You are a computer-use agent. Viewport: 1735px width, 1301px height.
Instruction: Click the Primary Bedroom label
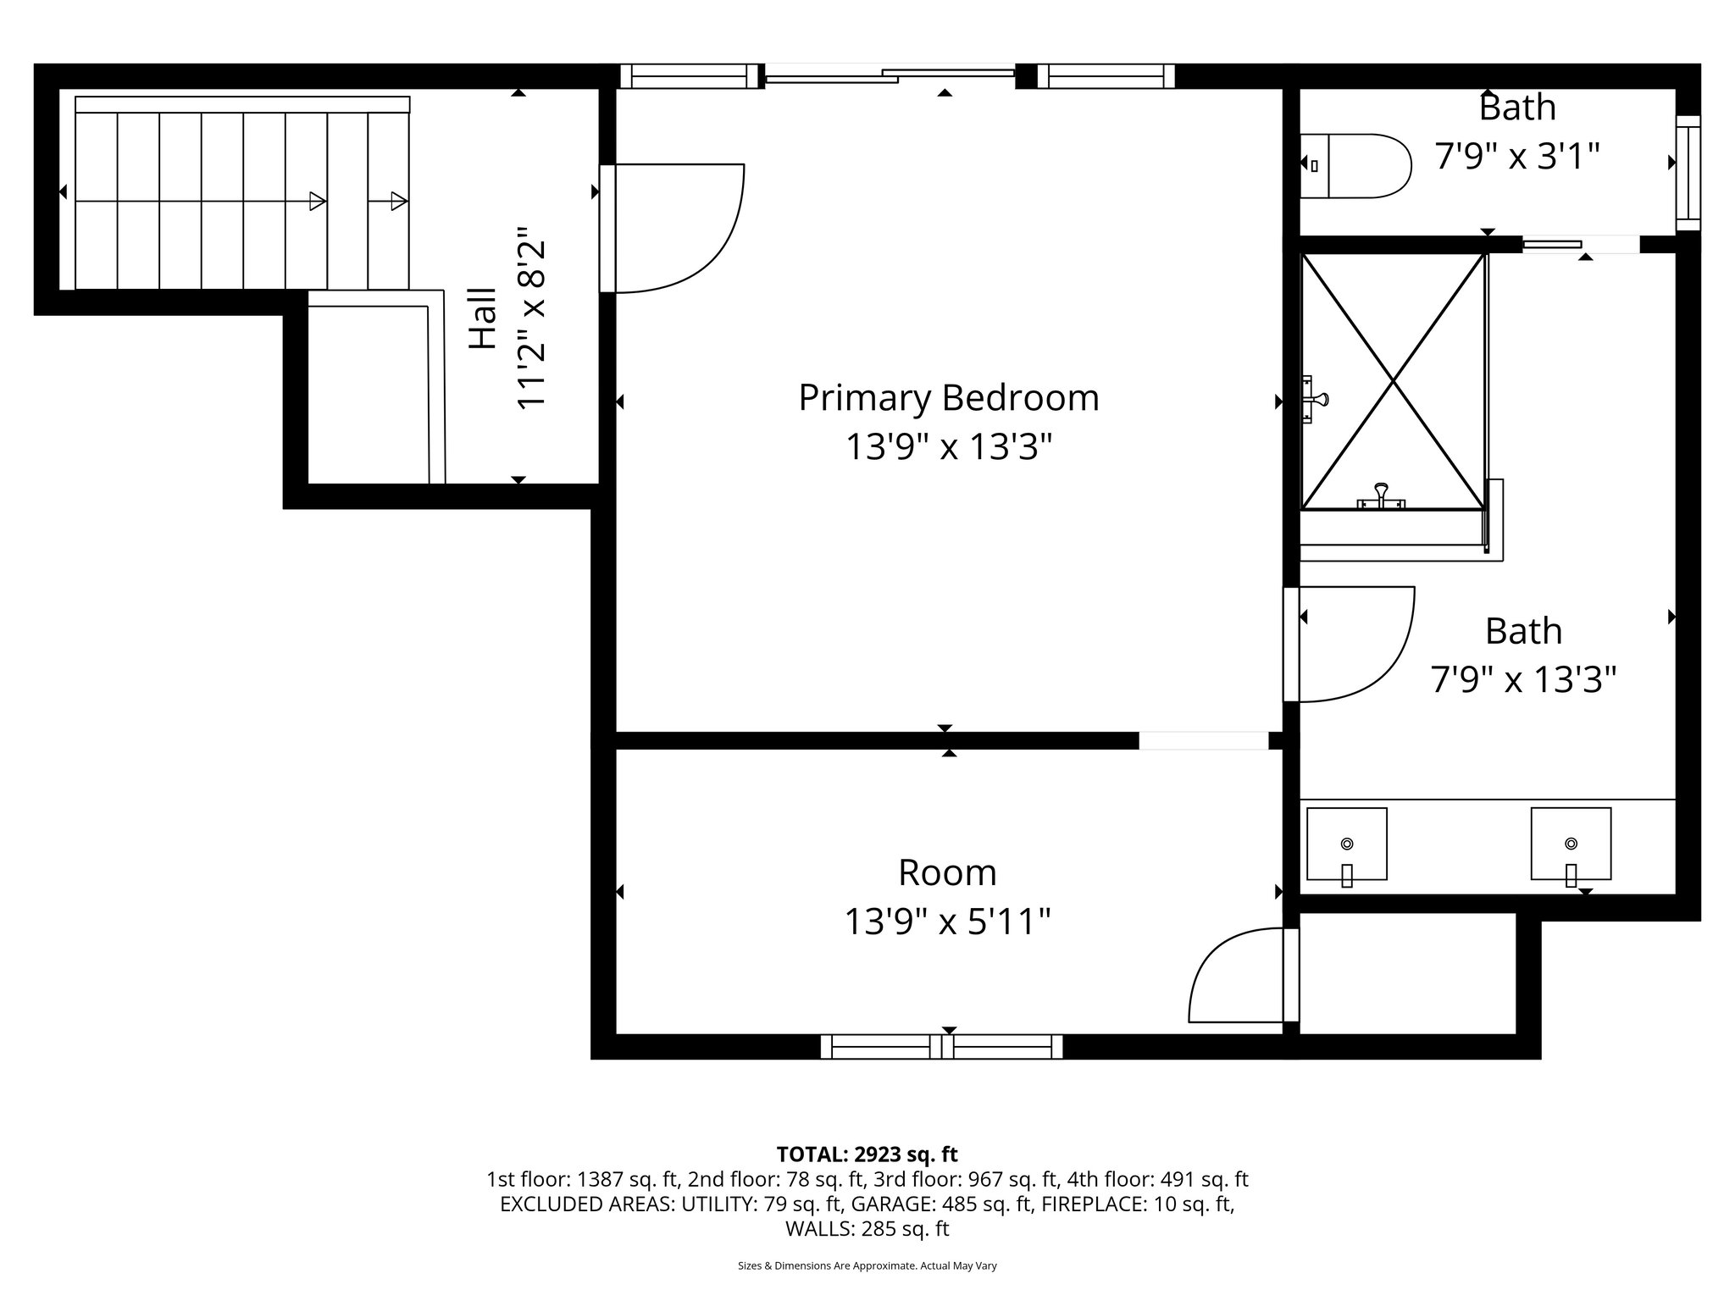948,398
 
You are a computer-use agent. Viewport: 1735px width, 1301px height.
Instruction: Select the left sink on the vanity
1346,844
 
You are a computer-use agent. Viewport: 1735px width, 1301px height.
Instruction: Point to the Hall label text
483,318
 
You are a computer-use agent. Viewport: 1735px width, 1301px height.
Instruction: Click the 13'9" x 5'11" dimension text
947,922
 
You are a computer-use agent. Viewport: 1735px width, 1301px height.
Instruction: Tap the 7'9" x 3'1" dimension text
1516,157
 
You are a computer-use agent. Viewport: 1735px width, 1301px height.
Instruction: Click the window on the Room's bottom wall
941,1047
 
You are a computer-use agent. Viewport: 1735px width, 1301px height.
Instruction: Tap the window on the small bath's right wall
1688,173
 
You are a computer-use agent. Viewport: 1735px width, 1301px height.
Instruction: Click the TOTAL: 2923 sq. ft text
867,1154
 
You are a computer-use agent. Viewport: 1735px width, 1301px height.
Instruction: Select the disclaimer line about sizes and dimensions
867,1266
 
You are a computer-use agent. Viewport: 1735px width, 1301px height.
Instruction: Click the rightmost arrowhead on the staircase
399,201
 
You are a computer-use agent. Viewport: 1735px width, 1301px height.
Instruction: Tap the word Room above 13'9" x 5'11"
947,872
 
